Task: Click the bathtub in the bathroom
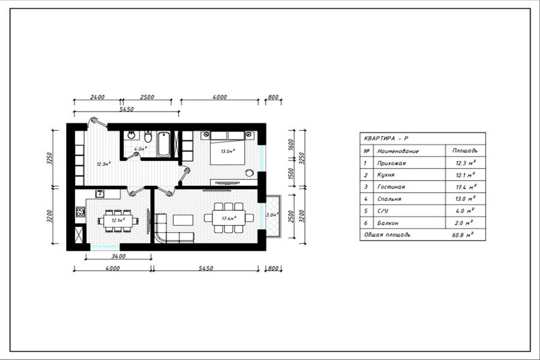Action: pos(164,145)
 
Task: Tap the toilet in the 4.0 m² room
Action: pos(148,137)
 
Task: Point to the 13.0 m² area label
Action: pos(227,151)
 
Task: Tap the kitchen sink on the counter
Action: pos(100,194)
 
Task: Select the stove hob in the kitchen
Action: pos(80,211)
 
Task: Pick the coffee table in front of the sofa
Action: pos(183,220)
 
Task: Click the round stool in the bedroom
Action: pos(250,173)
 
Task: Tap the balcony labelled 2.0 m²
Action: pos(271,215)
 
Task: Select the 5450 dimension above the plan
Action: pos(126,109)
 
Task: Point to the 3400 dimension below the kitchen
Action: pos(118,256)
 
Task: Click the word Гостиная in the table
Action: pos(391,187)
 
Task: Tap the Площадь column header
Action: pos(464,151)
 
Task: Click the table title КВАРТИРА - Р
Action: pos(386,139)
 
